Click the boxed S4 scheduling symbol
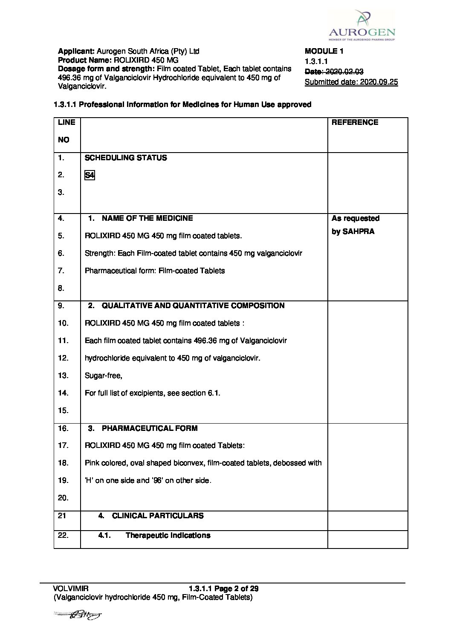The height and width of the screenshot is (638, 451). tap(89, 175)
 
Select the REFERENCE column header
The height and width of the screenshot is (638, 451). tap(355, 122)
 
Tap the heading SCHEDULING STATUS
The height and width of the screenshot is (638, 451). tap(126, 158)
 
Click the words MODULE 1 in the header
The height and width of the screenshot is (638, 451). tap(324, 51)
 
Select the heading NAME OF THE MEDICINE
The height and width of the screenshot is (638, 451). tap(147, 218)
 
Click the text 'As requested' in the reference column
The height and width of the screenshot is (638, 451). tap(356, 218)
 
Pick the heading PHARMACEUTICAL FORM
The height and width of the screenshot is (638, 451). tap(149, 428)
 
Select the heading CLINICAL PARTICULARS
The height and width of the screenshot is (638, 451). tap(157, 516)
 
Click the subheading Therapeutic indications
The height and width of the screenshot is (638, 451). tap(168, 535)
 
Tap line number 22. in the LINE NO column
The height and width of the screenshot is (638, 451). tap(63, 535)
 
